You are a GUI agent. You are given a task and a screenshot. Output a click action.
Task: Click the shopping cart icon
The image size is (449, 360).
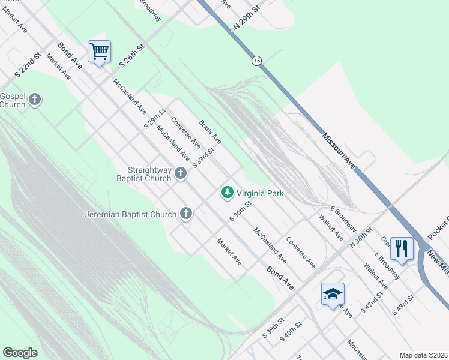click(x=99, y=52)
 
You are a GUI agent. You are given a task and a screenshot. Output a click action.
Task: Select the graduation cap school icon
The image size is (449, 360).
click(x=333, y=295)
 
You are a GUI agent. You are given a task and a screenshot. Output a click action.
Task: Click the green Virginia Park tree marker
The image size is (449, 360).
click(x=227, y=193)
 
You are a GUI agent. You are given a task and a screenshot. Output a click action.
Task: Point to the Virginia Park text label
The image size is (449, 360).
click(x=260, y=193)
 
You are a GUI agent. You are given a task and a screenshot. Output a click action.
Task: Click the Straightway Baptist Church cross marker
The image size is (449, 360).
click(x=181, y=174)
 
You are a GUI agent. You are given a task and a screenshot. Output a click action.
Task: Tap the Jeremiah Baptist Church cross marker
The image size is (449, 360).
click(x=187, y=213)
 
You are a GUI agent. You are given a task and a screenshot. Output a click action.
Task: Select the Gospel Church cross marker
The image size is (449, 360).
click(x=35, y=100)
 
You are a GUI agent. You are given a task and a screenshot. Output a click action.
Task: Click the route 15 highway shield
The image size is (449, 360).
click(x=257, y=61)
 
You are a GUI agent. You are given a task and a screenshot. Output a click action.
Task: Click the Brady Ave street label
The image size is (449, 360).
click(x=210, y=131)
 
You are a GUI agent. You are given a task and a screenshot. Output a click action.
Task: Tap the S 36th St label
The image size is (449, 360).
click(x=240, y=211)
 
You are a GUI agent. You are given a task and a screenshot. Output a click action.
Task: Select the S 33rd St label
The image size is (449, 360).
click(x=203, y=157)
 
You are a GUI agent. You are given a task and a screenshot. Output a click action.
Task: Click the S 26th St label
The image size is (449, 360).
click(x=133, y=55)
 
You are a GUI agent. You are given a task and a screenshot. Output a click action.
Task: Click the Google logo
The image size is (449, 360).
click(x=20, y=353)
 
